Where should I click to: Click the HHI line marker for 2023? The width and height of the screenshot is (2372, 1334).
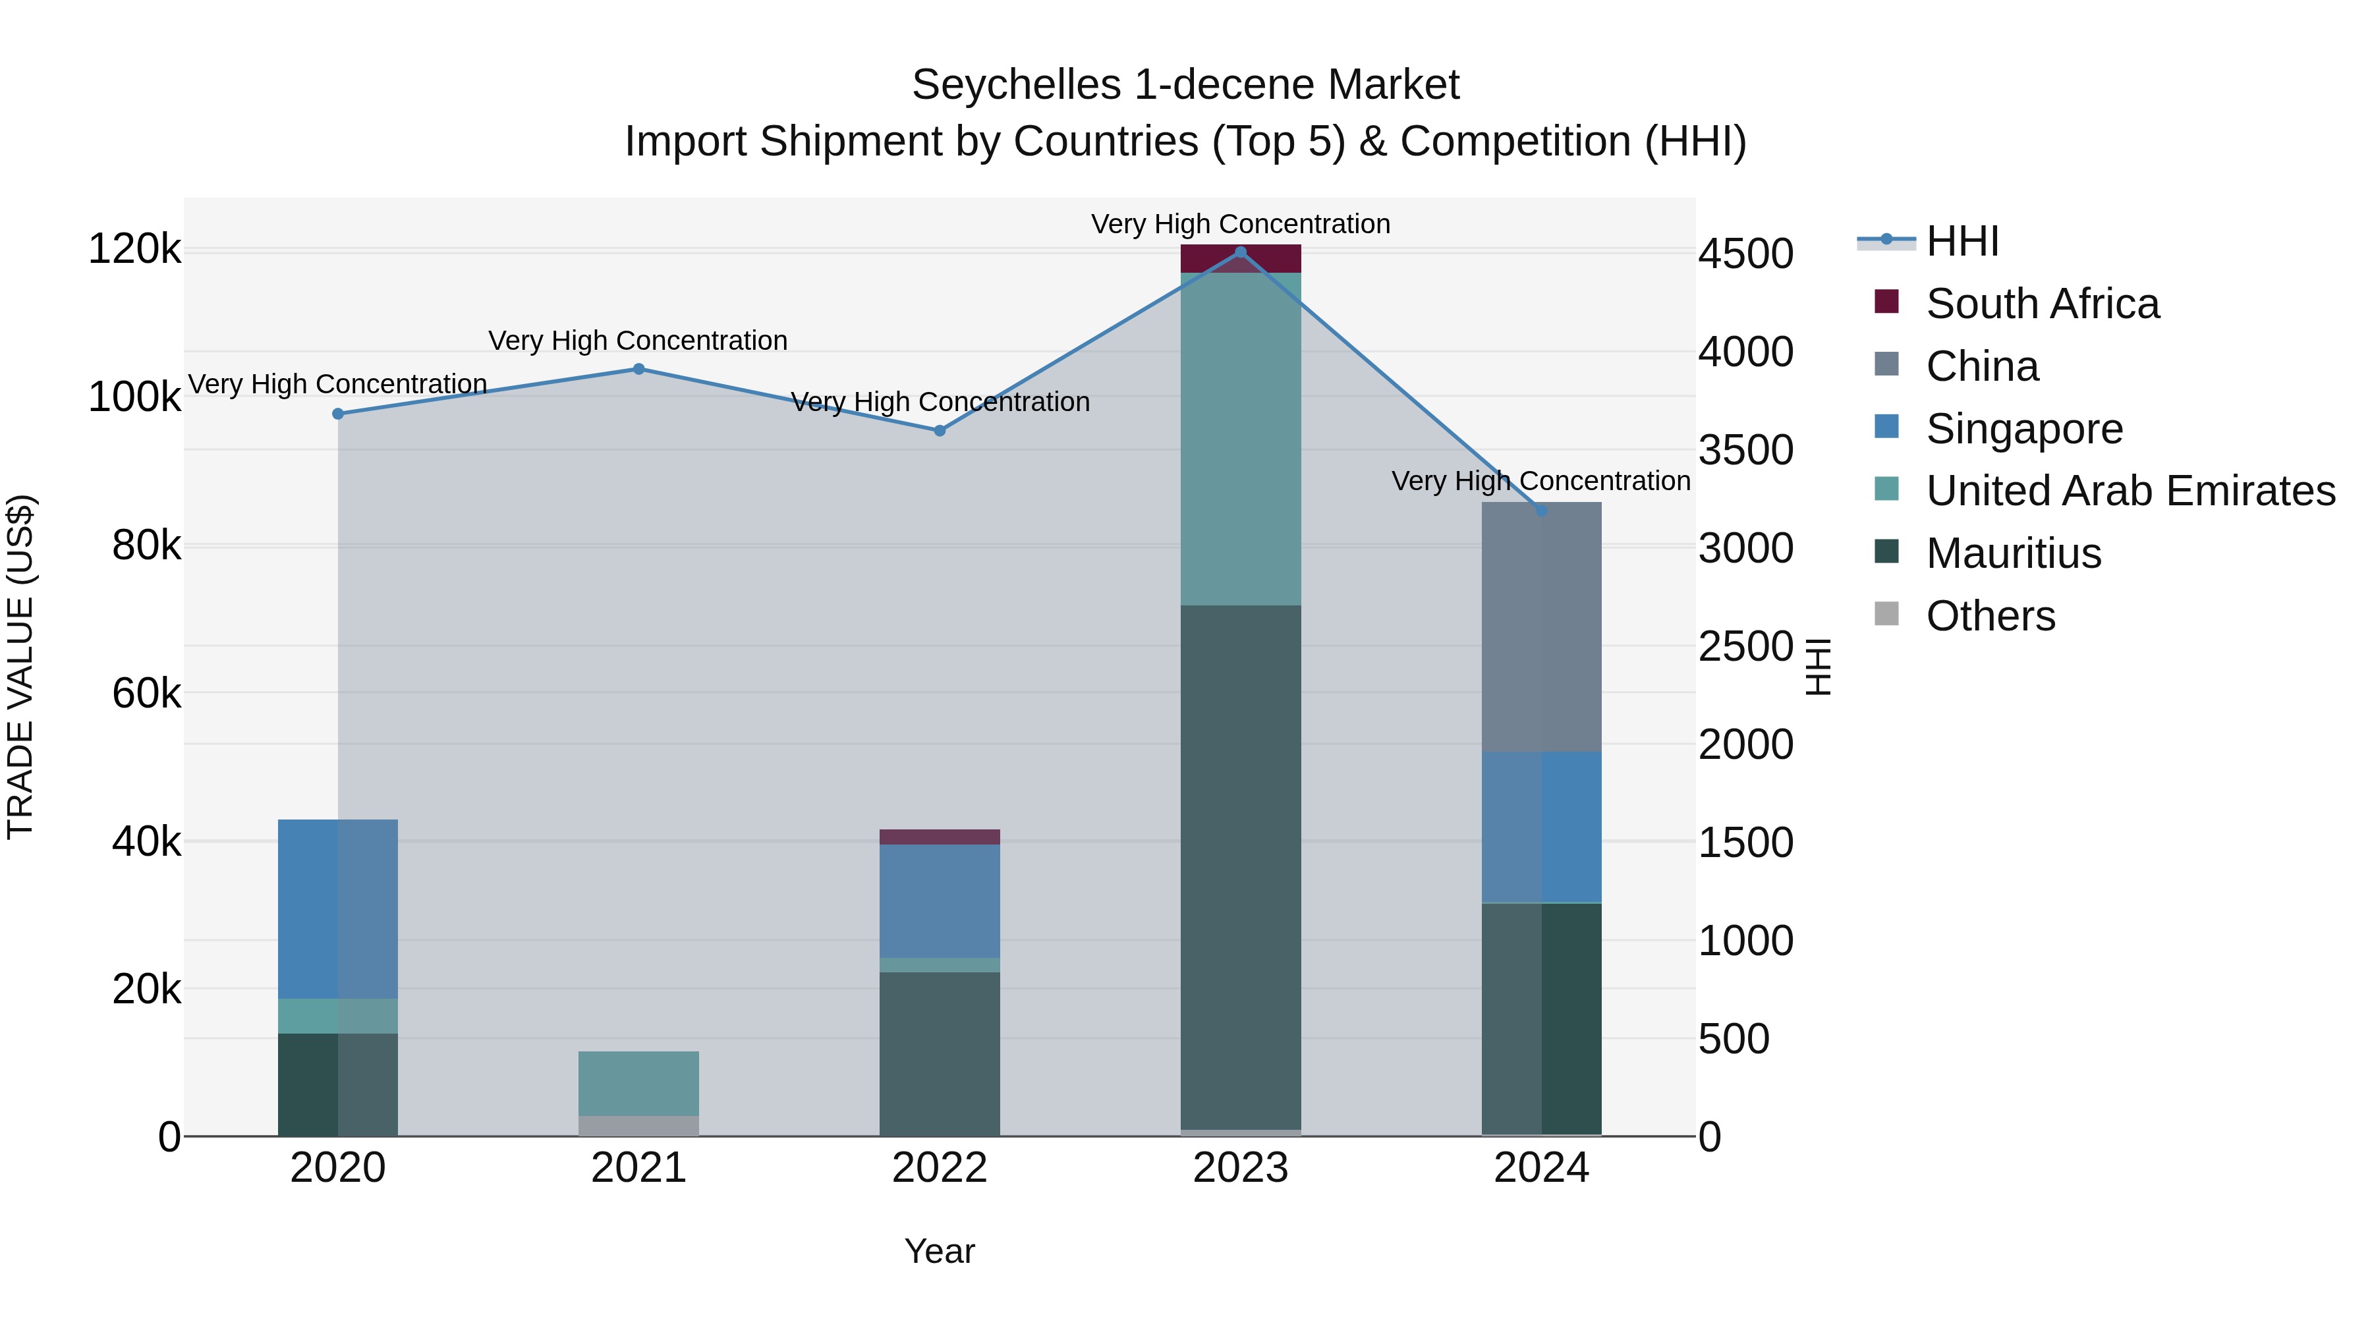1240,252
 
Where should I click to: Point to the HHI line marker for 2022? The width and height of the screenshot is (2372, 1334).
939,431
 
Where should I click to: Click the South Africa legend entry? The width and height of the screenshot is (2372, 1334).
2041,304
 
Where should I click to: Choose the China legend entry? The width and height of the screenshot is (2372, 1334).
1981,366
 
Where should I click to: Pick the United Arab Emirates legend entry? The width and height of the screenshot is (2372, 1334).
2130,491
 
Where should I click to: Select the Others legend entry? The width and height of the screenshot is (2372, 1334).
1990,616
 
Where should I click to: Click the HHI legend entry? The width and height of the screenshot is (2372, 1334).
1962,241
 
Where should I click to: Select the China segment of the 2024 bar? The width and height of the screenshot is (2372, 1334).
1541,626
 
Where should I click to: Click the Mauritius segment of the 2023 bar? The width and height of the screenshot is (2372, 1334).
1240,866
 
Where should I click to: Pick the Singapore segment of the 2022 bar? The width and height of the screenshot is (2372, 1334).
939,901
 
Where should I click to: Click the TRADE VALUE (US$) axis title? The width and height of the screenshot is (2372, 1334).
20,667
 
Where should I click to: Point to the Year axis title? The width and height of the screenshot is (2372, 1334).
939,1251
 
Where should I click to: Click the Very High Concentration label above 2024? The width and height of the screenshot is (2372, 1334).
1540,481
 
